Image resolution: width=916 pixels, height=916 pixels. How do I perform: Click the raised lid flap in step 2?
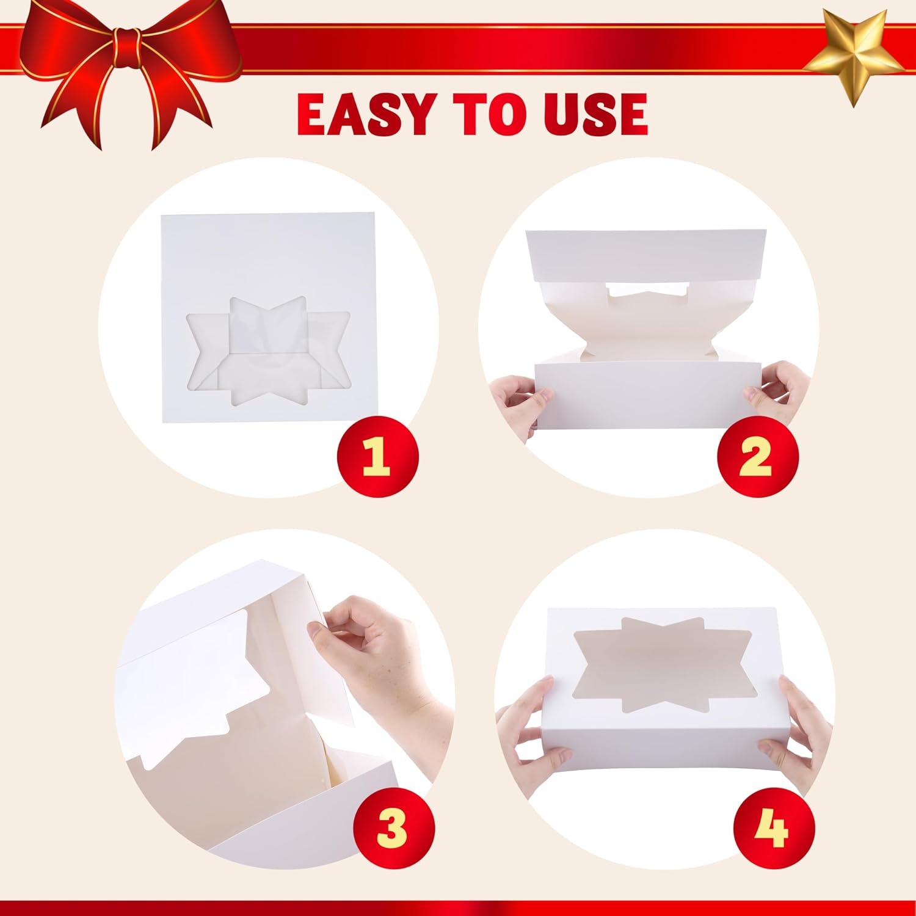[x=647, y=255]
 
